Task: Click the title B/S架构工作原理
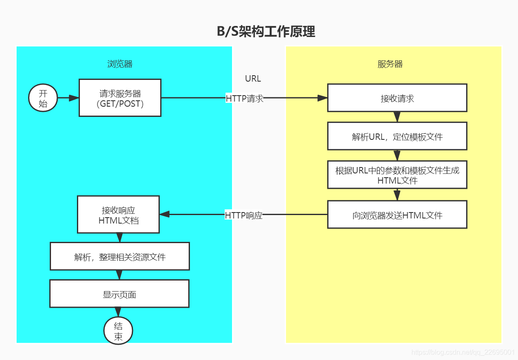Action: [266, 31]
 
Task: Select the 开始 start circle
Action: [43, 98]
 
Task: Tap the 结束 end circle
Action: [118, 331]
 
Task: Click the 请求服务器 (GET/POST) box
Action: [120, 98]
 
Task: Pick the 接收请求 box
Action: [397, 98]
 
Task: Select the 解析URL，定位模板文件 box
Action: [397, 136]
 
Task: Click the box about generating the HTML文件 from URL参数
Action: [397, 175]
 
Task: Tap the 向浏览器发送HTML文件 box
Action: [397, 215]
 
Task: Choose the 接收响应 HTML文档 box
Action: [118, 215]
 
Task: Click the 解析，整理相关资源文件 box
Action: [119, 257]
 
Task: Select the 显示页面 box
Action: [119, 294]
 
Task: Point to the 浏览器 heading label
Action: [120, 64]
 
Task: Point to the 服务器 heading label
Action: [390, 64]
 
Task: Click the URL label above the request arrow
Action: [253, 79]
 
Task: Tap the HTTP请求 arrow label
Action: [244, 98]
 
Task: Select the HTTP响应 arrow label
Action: [243, 215]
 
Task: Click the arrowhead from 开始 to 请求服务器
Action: [74, 98]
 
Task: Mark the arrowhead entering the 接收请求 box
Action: [323, 98]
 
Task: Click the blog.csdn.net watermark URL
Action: [463, 352]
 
